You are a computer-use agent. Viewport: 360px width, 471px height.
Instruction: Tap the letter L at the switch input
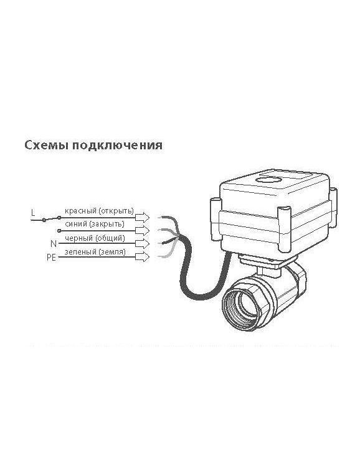pos(33,213)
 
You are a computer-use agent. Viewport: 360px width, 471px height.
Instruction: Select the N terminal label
pos(54,243)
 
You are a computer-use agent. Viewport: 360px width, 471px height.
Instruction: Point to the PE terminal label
pos(52,258)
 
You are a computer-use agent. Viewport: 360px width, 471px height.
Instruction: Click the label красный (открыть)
pos(99,211)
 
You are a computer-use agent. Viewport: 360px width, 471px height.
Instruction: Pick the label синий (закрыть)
pos(95,224)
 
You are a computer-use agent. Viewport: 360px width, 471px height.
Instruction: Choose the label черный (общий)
pos(95,238)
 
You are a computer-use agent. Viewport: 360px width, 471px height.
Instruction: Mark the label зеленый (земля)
pos(95,252)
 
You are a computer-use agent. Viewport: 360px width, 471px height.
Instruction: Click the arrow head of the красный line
pos(142,217)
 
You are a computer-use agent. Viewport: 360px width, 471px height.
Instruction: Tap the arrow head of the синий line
pos(142,230)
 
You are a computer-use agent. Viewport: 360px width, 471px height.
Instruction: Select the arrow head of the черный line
pos(142,243)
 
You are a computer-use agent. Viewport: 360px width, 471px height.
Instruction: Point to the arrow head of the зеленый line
pos(142,257)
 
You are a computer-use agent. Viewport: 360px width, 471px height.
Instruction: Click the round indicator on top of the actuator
pos(269,180)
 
